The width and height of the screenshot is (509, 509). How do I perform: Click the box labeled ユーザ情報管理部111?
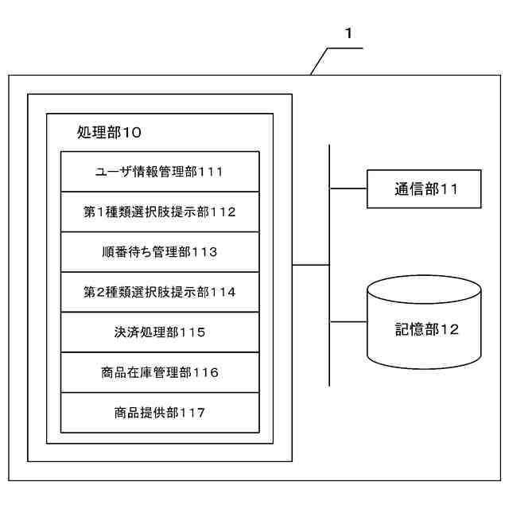coord(159,172)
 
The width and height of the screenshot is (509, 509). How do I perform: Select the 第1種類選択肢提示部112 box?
coord(159,212)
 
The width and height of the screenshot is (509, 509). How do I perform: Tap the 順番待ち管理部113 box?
coord(159,252)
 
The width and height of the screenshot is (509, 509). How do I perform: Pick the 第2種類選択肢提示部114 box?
coord(159,292)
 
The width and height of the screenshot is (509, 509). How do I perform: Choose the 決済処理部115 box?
coord(159,332)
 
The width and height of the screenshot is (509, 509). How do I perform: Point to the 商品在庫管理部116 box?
coord(159,372)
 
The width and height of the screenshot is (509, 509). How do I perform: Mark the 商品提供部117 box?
coord(159,413)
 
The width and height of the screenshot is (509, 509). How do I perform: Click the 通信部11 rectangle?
coord(425,189)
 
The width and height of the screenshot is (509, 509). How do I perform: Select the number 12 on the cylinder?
coord(449,329)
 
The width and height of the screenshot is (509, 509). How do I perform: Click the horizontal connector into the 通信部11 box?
coord(348,189)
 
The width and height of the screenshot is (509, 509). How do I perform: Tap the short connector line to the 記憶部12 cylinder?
coord(348,322)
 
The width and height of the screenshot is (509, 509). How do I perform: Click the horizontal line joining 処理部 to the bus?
coord(310,265)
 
